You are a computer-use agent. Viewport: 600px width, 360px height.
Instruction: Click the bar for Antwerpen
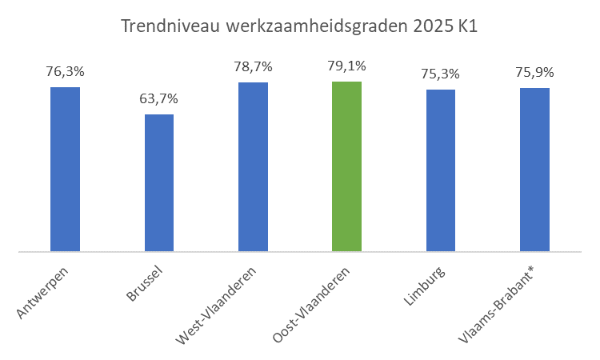65,170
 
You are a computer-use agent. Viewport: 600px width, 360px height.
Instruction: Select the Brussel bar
159,183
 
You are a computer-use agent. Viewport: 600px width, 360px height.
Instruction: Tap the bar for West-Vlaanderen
253,167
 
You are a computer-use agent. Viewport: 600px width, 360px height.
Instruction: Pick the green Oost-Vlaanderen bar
346,166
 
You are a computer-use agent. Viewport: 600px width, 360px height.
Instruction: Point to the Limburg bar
441,170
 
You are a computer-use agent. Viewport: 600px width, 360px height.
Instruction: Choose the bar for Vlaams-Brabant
534,170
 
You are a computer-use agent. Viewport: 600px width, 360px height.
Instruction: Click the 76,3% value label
65,72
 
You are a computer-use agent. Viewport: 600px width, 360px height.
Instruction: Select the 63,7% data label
159,99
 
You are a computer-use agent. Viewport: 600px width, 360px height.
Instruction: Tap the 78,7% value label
253,67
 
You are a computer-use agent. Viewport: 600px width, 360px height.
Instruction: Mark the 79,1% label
346,66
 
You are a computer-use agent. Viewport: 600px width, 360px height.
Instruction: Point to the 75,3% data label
441,74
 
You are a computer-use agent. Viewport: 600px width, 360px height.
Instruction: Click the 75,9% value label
534,73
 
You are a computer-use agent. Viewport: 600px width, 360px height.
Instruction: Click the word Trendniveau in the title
170,26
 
